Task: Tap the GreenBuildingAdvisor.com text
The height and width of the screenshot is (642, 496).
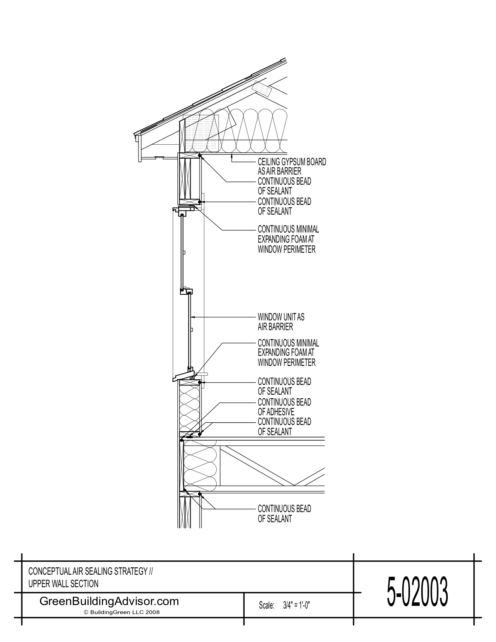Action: [x=109, y=601]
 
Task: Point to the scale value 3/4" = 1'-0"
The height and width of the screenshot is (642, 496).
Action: [x=296, y=605]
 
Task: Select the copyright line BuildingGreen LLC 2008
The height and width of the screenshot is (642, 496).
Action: [x=122, y=612]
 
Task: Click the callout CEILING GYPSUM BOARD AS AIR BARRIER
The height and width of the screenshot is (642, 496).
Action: [x=292, y=166]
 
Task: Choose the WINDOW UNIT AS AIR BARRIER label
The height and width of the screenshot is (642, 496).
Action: [x=281, y=322]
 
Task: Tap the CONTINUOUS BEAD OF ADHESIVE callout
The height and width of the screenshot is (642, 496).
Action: [x=284, y=407]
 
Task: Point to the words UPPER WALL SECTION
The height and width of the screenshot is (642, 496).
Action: [x=63, y=584]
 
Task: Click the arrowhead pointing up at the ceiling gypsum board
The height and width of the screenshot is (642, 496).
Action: [x=232, y=156]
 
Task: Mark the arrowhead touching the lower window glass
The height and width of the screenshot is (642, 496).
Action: [x=193, y=317]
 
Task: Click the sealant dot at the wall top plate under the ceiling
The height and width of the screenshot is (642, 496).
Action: [x=200, y=155]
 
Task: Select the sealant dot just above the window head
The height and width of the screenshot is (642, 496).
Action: [x=200, y=202]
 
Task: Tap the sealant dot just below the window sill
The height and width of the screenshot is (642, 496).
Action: [x=200, y=382]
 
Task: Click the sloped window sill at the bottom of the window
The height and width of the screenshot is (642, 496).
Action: [x=183, y=375]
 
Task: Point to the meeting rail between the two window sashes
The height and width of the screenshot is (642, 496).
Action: [x=187, y=291]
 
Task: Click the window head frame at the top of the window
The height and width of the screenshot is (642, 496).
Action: [x=183, y=210]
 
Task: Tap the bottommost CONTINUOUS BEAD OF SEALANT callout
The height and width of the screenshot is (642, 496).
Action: [x=284, y=513]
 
